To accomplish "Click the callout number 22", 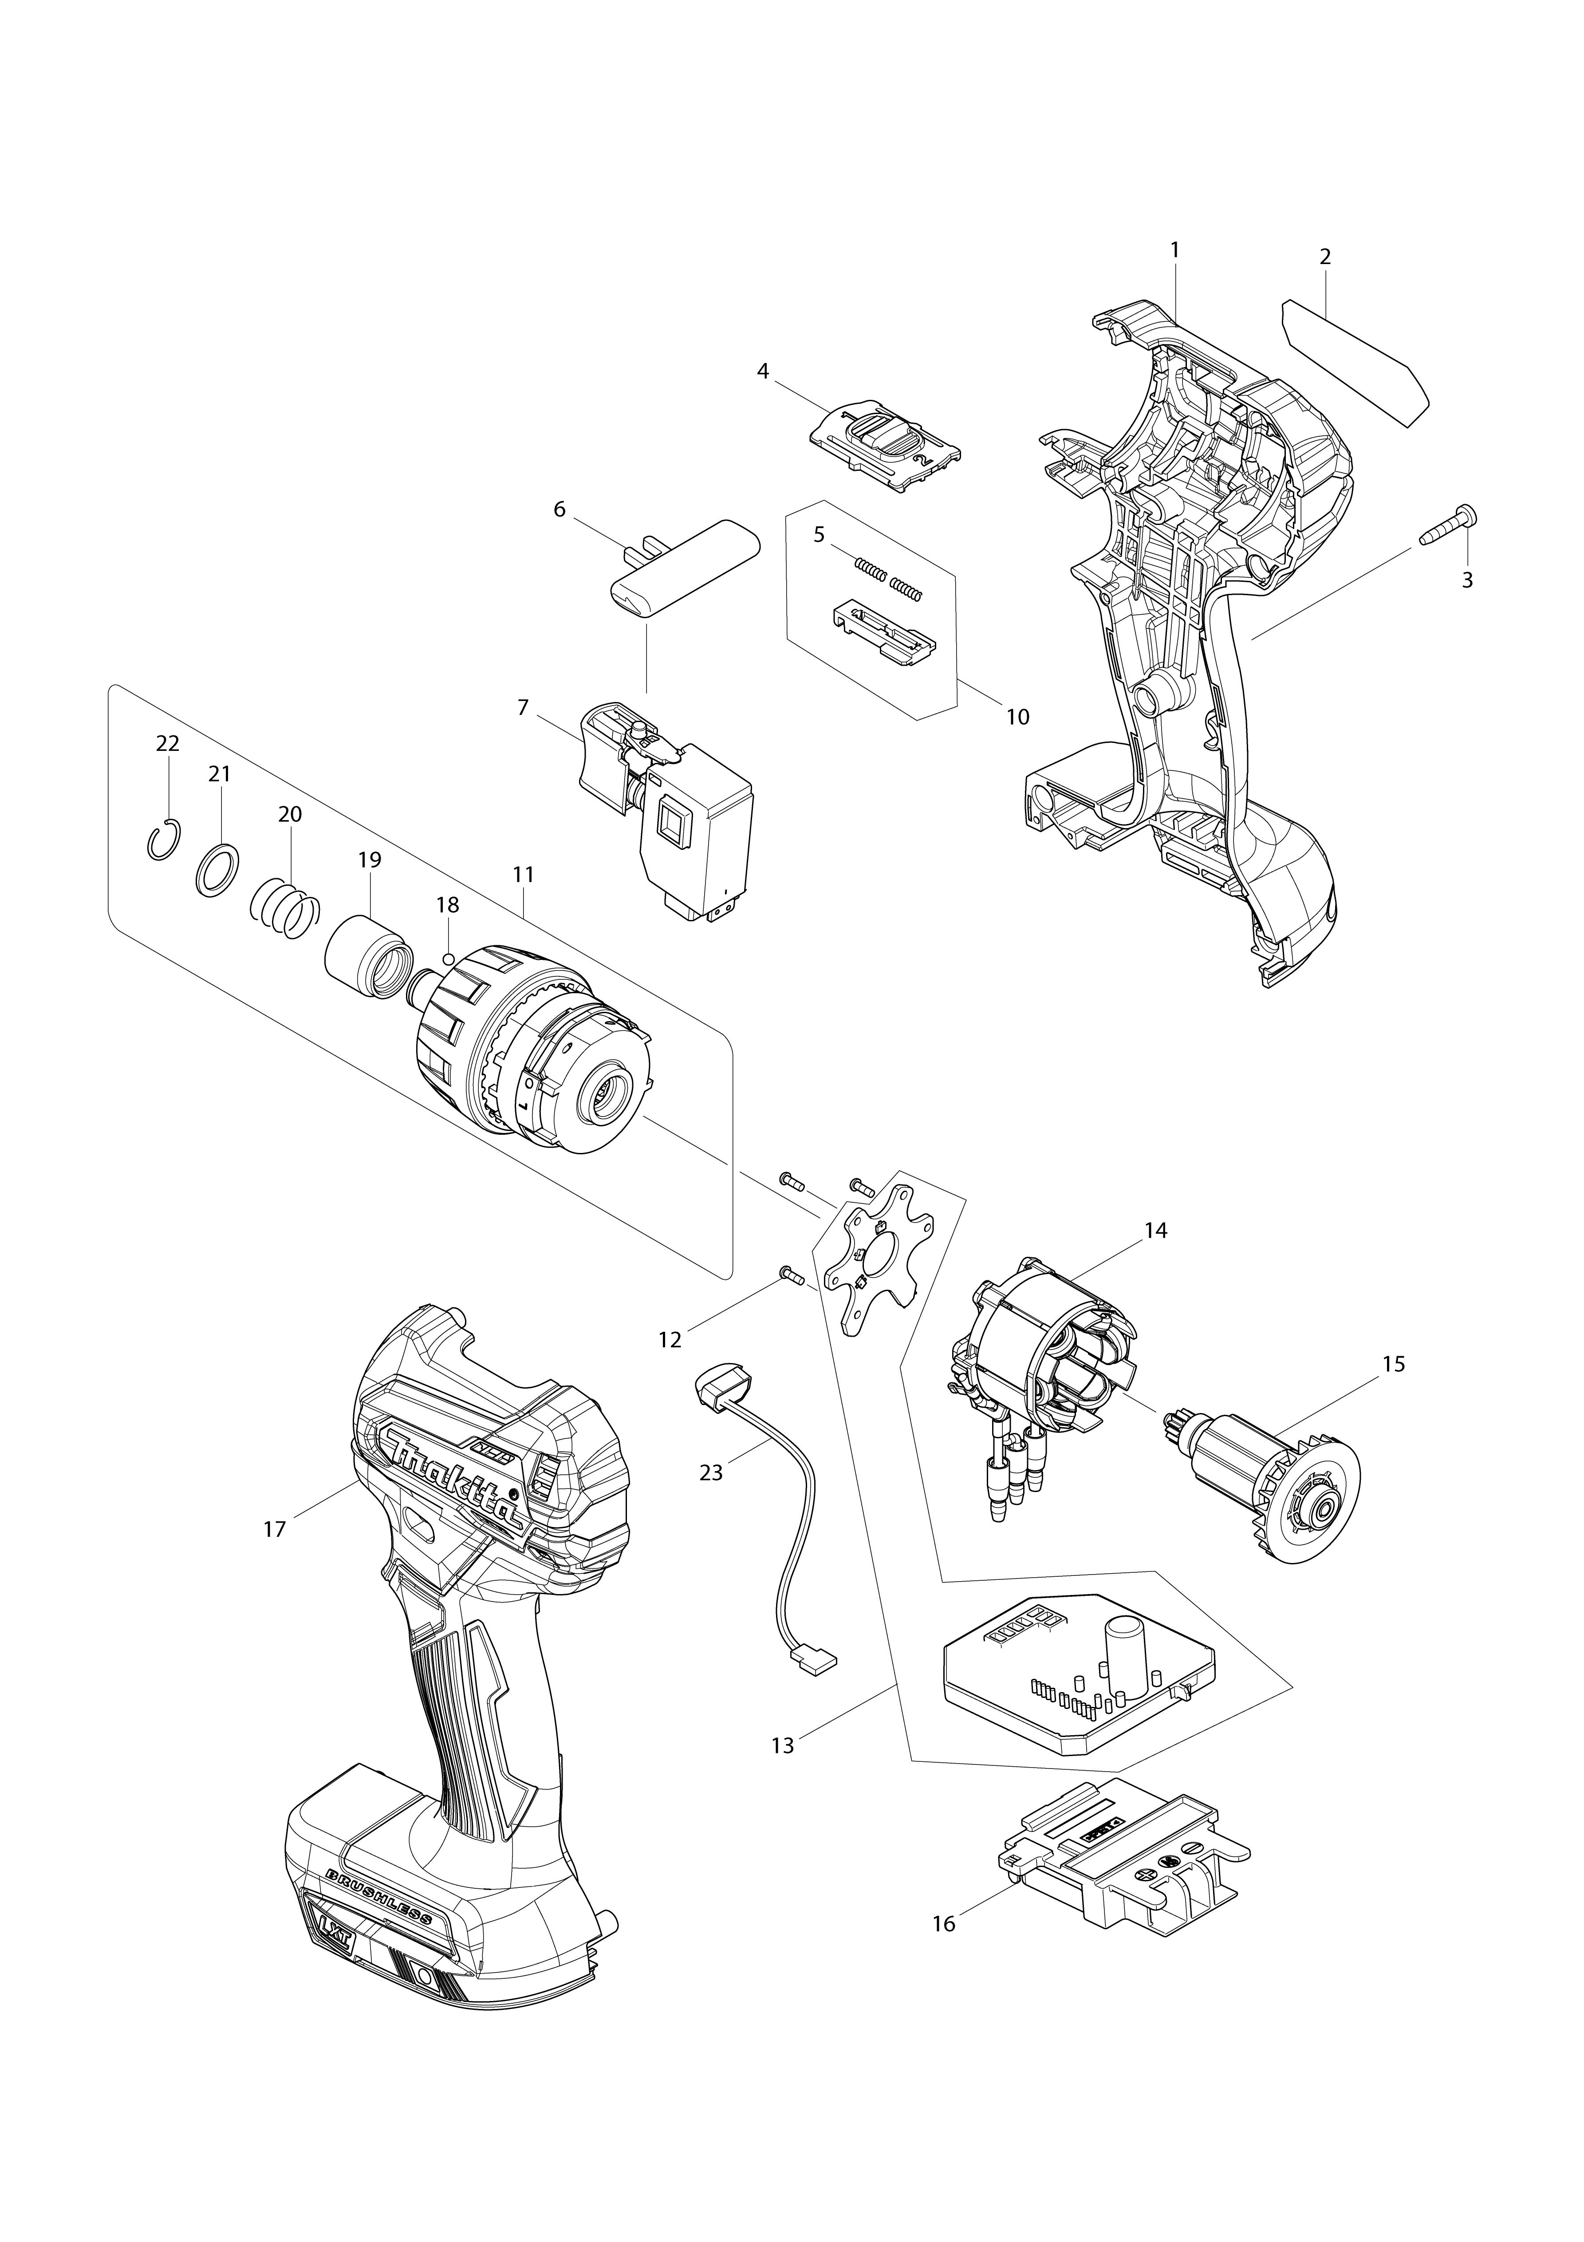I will [x=168, y=743].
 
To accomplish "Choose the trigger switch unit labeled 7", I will [x=674, y=801].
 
